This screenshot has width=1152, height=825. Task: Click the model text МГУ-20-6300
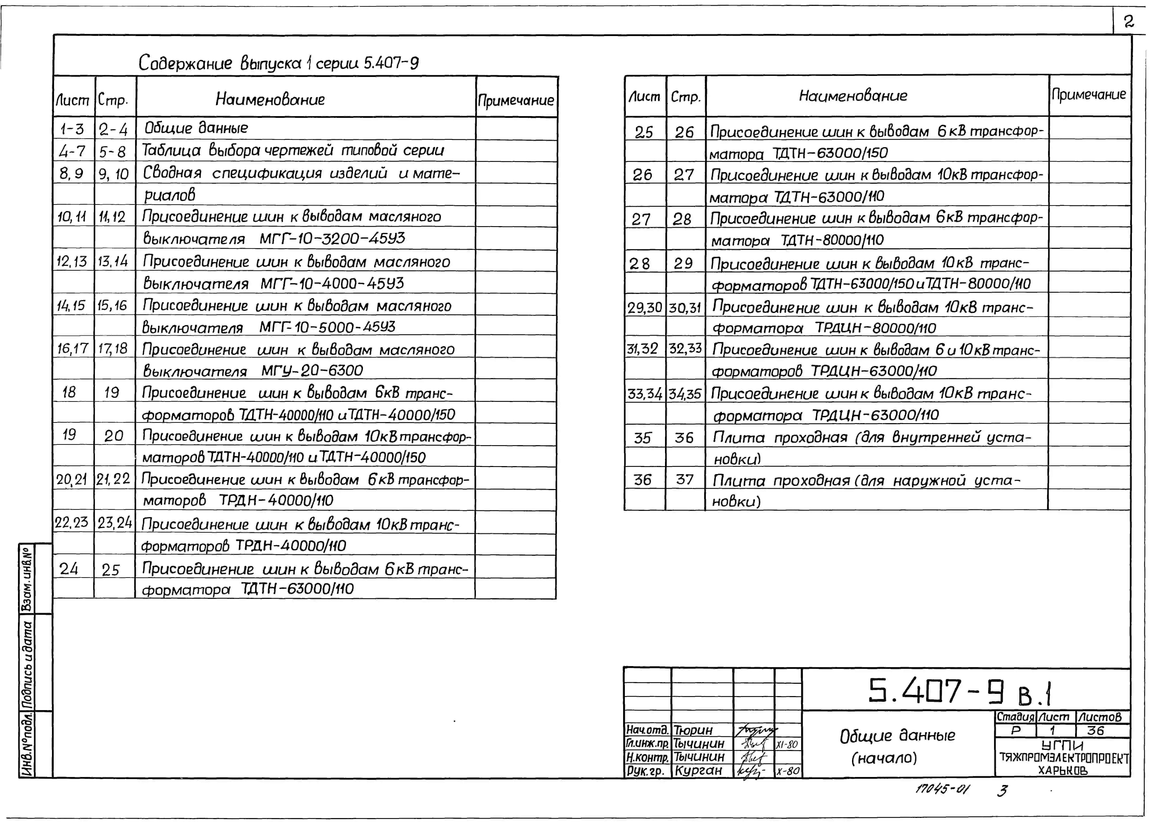pos(312,370)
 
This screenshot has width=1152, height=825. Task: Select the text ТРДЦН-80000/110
pos(875,328)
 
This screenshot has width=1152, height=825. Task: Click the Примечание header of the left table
pos(516,100)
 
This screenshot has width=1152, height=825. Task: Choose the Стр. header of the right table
pos(685,97)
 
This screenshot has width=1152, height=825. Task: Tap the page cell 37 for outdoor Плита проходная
pos(684,479)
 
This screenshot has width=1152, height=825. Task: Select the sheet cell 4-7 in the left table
pos(73,151)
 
